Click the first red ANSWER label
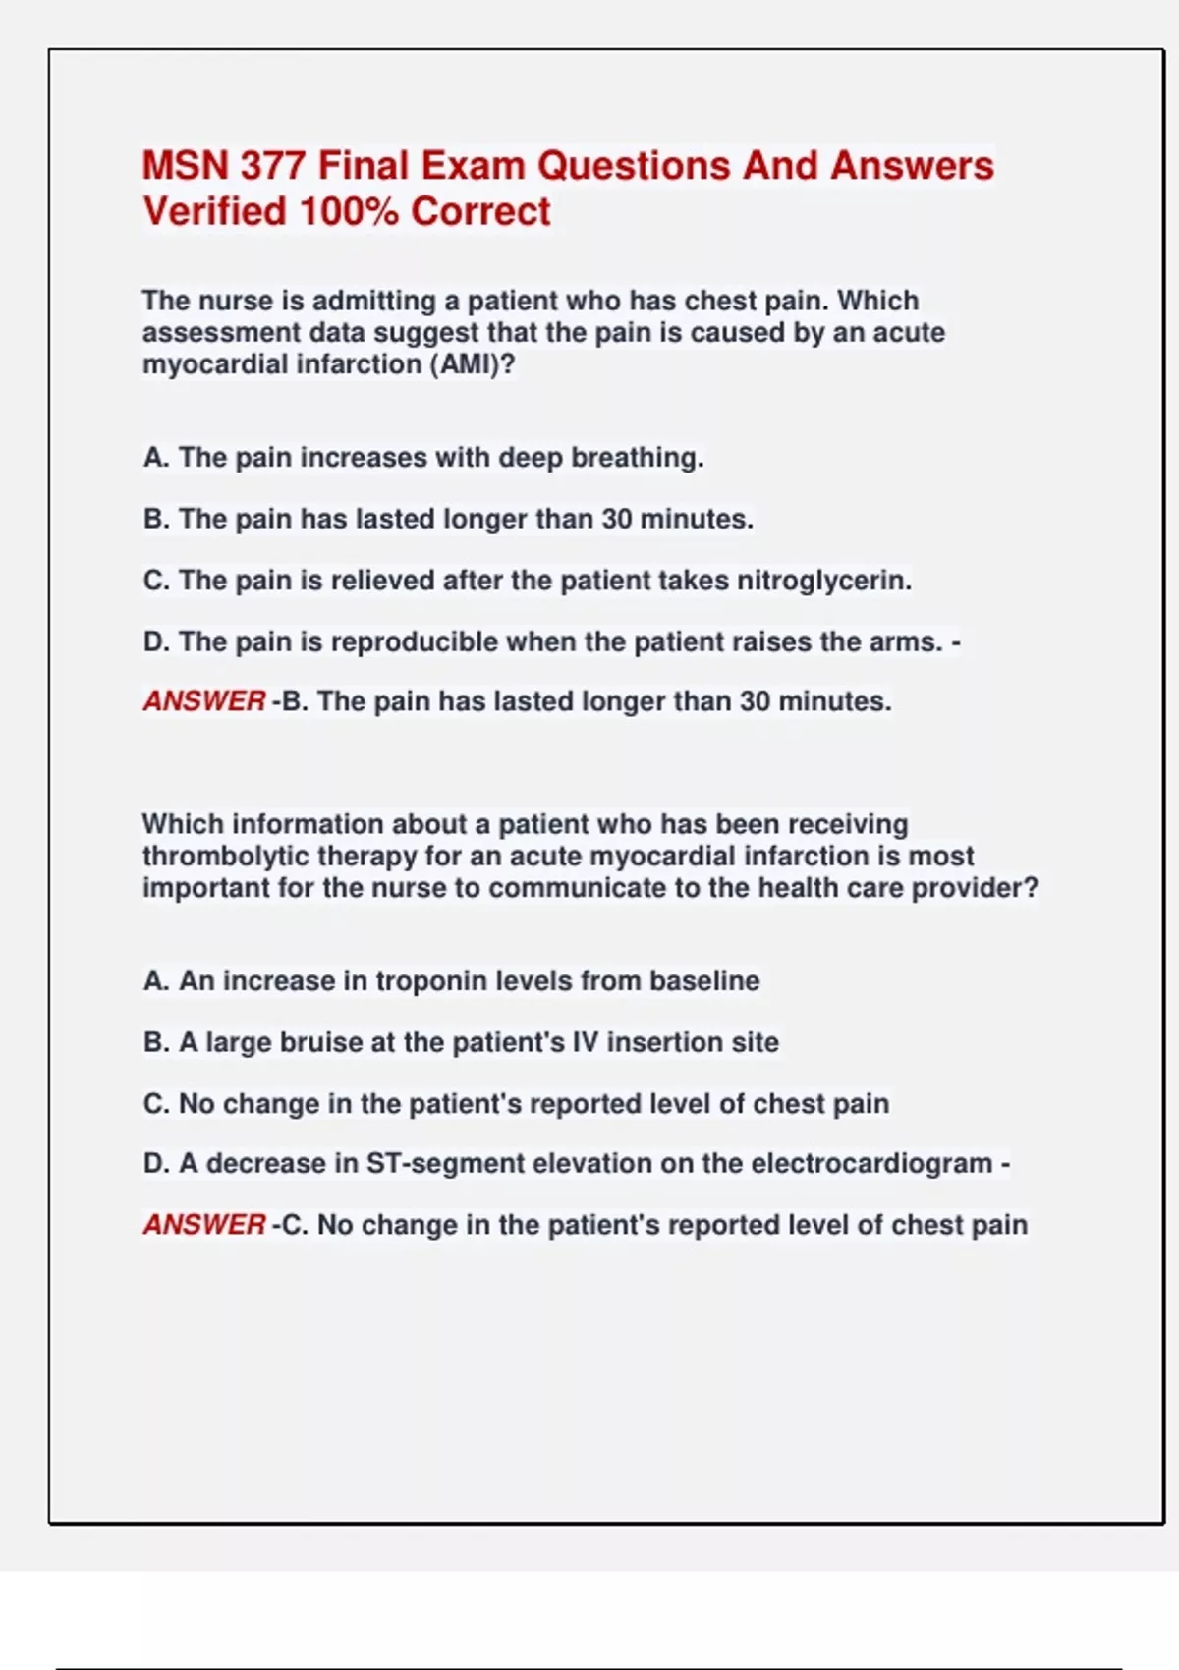pos(204,701)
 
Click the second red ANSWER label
pos(204,1225)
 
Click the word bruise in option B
pos(321,1042)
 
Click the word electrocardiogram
pos(871,1164)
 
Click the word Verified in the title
pos(214,211)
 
